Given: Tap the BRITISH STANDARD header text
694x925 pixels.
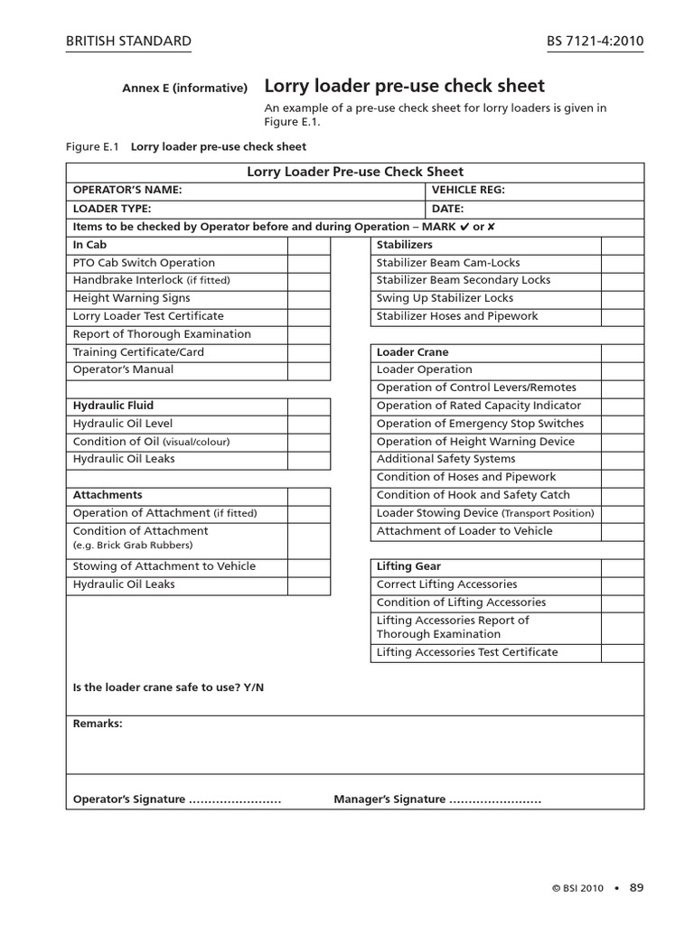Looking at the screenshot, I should pyautogui.click(x=129, y=42).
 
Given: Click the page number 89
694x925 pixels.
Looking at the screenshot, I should pyautogui.click(x=636, y=887).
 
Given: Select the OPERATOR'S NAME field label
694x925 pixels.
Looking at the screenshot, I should pyautogui.click(x=127, y=190).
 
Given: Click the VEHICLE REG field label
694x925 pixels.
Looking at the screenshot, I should pyautogui.click(x=468, y=190).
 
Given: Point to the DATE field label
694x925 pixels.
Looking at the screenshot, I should pyautogui.click(x=447, y=208).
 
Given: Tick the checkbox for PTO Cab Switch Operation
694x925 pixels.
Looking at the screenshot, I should pyautogui.click(x=309, y=263).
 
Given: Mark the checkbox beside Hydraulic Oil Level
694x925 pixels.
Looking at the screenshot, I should pyautogui.click(x=309, y=424).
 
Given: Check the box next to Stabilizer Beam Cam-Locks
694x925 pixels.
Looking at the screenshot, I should pyautogui.click(x=622, y=263).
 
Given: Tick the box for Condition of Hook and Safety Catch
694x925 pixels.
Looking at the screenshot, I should pyautogui.click(x=622, y=495).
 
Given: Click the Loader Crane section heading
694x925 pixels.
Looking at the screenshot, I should pyautogui.click(x=412, y=352).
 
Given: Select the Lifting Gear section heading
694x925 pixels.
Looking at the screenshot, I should pyautogui.click(x=408, y=566).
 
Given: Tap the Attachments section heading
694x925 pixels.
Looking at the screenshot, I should pyautogui.click(x=108, y=495).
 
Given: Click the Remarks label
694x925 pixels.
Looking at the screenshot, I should pyautogui.click(x=98, y=724).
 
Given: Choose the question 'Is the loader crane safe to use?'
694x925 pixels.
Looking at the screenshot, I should pyautogui.click(x=168, y=687).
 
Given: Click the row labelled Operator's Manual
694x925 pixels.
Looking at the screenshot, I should pyautogui.click(x=123, y=369).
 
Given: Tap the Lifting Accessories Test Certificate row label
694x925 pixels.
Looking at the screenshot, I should pyautogui.click(x=467, y=652).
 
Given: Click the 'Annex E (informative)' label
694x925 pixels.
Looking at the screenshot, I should pyautogui.click(x=185, y=88).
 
